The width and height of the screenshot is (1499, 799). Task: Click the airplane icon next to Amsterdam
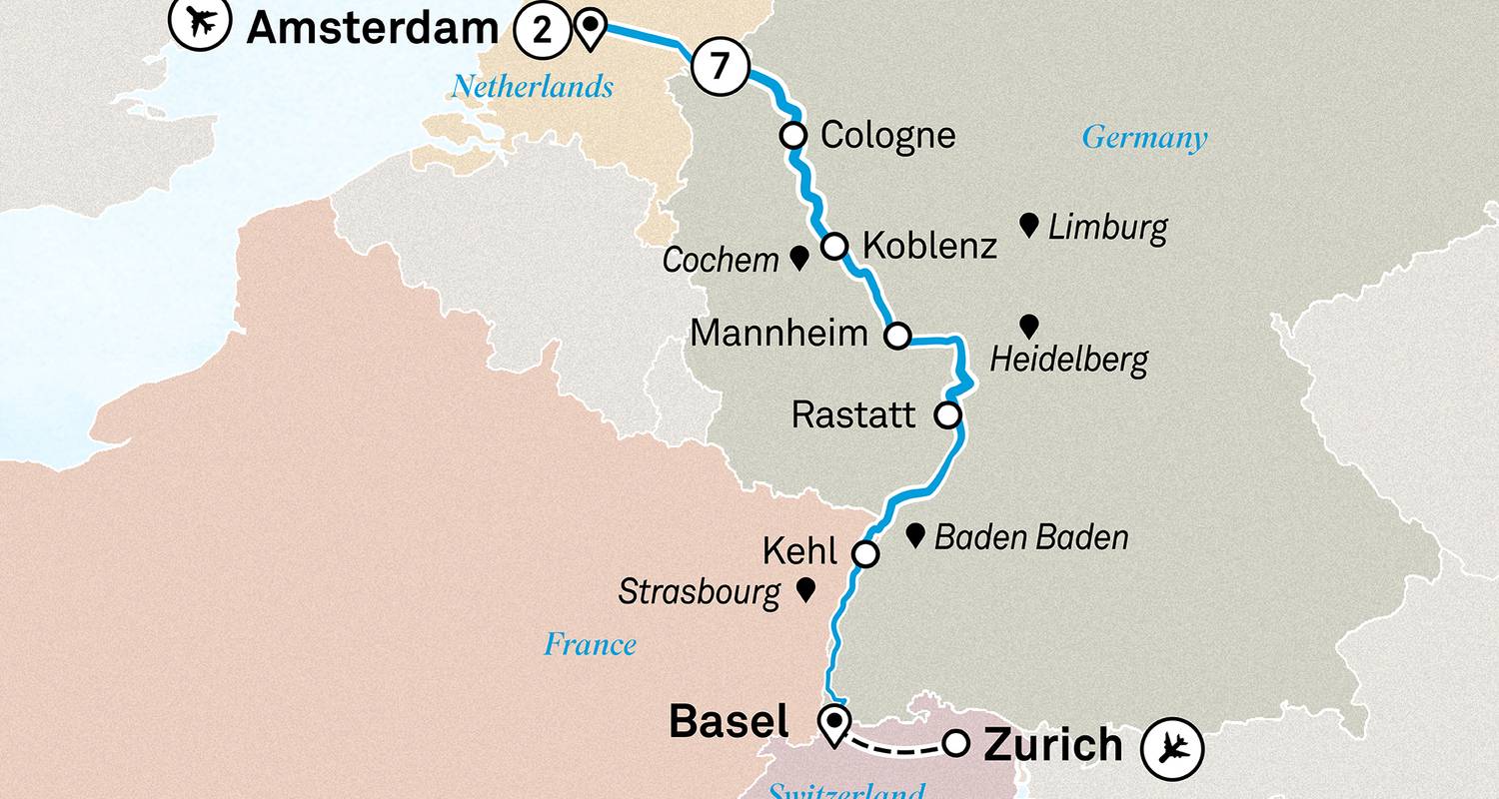[201, 23]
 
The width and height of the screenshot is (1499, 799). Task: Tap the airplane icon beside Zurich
[1172, 748]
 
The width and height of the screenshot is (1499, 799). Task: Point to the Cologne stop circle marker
[793, 135]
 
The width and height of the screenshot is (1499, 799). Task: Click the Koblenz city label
[928, 246]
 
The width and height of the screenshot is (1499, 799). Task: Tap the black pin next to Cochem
[799, 259]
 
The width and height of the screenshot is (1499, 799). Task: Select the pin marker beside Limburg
[1028, 225]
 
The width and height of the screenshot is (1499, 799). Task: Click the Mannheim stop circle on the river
[898, 337]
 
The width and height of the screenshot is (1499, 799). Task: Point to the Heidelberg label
[1068, 361]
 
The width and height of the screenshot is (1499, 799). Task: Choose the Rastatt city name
[853, 414]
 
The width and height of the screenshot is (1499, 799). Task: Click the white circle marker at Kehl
[864, 554]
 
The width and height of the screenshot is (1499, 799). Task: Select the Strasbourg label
[699, 592]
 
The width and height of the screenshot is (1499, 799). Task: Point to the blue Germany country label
[1144, 138]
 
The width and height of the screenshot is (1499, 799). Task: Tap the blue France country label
[590, 645]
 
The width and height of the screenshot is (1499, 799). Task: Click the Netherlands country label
[532, 87]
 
